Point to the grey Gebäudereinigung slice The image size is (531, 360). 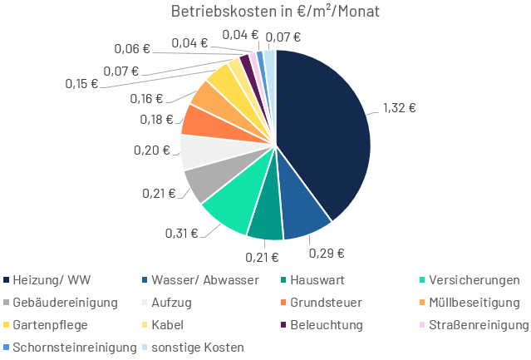[203, 180]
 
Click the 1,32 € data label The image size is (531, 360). [400, 107]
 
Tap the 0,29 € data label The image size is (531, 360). [327, 252]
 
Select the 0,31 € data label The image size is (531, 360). [181, 233]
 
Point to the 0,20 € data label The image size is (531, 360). [151, 150]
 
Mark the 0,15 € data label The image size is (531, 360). [81, 83]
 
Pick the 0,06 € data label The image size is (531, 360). [134, 48]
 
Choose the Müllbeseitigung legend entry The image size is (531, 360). [470, 302]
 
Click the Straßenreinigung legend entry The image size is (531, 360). [474, 324]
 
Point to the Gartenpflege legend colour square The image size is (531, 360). [7, 324]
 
